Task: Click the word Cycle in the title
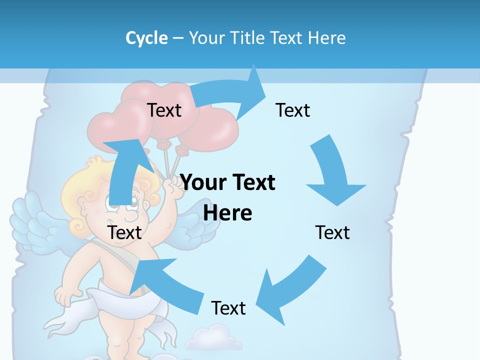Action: click(x=146, y=38)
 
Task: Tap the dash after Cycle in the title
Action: click(x=178, y=38)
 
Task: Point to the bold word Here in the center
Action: click(x=227, y=213)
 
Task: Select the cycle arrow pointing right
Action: click(x=230, y=92)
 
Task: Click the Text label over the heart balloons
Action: click(x=164, y=110)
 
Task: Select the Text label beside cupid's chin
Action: click(x=124, y=232)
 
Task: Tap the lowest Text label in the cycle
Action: click(x=228, y=308)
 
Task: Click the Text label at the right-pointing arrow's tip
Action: click(x=293, y=110)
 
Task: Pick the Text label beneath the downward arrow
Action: click(x=332, y=232)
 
